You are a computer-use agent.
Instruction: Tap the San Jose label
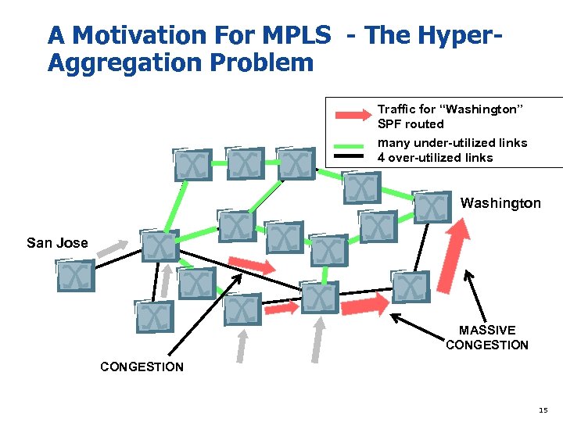tap(57, 243)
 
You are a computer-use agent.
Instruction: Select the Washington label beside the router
tap(500, 203)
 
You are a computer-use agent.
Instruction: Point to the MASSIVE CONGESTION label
tap(487, 338)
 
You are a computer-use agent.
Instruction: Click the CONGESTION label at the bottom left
tap(142, 367)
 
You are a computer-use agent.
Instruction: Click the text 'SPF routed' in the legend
tap(411, 124)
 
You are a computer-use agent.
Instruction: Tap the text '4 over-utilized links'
tap(435, 158)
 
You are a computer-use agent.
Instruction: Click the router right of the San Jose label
tap(160, 246)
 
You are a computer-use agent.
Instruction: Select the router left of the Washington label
tap(432, 206)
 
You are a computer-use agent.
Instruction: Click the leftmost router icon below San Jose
tap(76, 276)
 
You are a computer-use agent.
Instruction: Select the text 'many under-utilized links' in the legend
tap(452, 143)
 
